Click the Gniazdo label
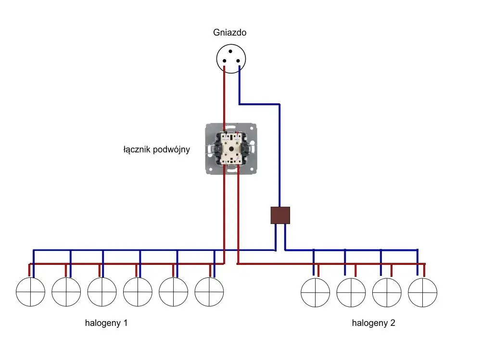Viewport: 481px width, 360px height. coord(230,33)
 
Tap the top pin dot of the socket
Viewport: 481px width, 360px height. coord(230,51)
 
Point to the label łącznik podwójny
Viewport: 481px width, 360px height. coord(156,149)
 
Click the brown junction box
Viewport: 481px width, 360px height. coord(280,215)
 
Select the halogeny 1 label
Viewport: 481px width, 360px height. coord(106,323)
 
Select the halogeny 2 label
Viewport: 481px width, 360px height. coord(373,323)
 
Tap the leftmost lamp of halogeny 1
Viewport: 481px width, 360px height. coord(30,292)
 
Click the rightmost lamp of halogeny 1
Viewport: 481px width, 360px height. coord(209,292)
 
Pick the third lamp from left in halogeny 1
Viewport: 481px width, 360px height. coord(102,292)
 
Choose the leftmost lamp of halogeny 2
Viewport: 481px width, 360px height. coord(315,292)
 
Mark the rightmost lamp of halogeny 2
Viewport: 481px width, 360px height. coord(422,292)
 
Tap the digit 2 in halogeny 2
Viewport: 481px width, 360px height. coord(392,323)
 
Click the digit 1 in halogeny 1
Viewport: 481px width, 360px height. coord(126,323)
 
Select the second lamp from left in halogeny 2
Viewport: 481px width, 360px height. coord(351,292)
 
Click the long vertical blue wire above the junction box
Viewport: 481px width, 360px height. coord(279,154)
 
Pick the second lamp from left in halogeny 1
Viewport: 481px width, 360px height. coord(66,292)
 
